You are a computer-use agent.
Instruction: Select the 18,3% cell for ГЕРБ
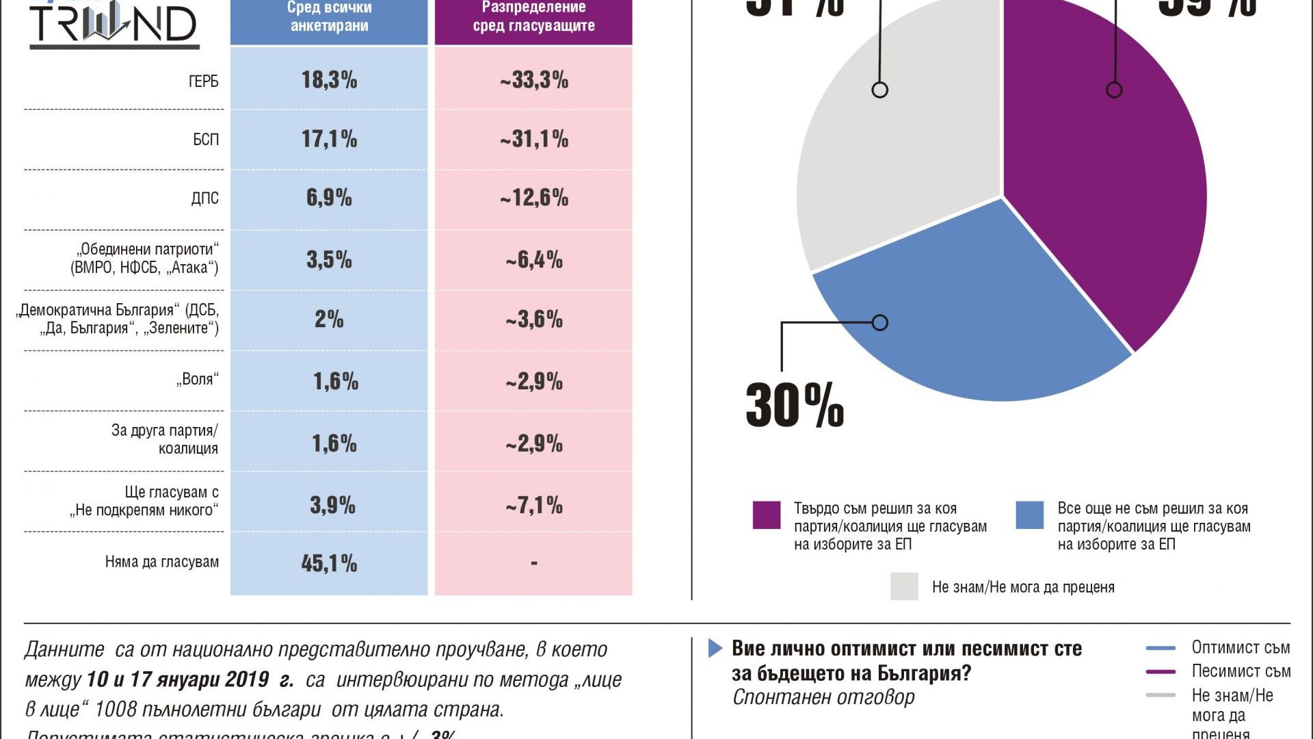tap(329, 80)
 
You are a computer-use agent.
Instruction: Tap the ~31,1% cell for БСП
tap(534, 140)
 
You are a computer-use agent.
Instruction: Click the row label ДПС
tap(205, 198)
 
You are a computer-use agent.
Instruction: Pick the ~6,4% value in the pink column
tap(534, 260)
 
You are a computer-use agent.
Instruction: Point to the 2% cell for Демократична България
tap(329, 319)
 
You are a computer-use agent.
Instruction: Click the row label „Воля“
tap(198, 379)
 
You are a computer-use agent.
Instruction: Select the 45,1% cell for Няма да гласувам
tap(329, 563)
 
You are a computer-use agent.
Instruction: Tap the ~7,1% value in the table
tap(534, 506)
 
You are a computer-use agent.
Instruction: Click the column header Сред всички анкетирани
tap(329, 18)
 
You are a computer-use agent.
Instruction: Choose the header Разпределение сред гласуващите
tap(534, 18)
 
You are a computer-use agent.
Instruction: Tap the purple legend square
tap(767, 515)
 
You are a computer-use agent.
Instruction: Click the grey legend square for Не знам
tap(904, 586)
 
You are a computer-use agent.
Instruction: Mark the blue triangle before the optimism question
tap(715, 648)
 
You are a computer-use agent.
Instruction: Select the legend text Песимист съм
tap(1241, 671)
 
